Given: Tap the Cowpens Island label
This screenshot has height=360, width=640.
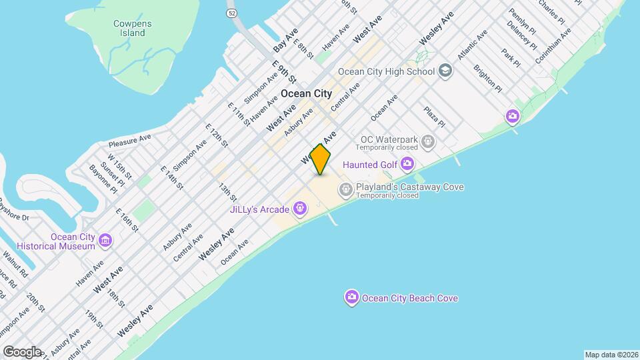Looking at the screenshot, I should [132, 28].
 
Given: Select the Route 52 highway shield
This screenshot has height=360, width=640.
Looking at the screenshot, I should [231, 13].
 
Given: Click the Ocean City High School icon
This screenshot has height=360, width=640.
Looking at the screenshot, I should [446, 71].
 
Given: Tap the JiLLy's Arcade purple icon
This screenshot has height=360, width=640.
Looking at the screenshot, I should [301, 209].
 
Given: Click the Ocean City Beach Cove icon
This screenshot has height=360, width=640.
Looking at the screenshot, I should [351, 298].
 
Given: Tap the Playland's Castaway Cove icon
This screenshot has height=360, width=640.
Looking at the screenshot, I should [346, 191].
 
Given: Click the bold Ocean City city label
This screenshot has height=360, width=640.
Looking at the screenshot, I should [306, 94].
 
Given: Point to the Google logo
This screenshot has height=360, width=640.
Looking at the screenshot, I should [21, 351].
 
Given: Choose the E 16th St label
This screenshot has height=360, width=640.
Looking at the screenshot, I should [127, 219].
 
